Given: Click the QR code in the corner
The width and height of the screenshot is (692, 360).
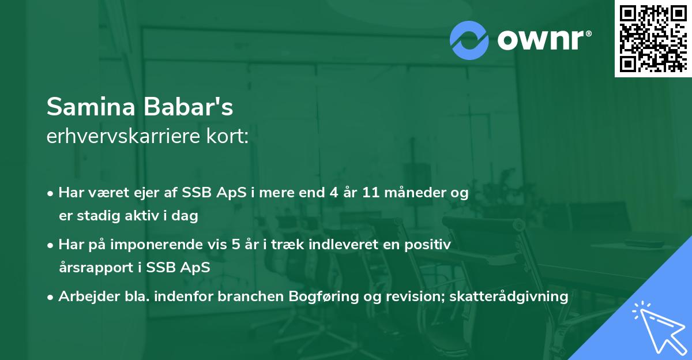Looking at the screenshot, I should pos(653,38).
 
